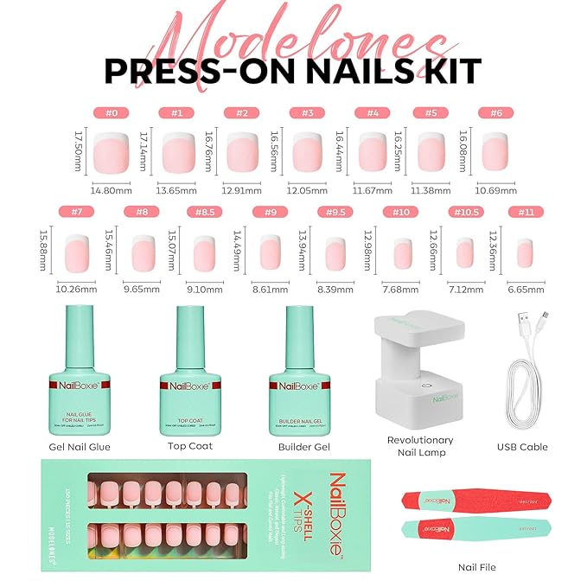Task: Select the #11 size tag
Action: pyautogui.click(x=525, y=211)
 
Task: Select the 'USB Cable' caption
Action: pyautogui.click(x=523, y=447)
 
